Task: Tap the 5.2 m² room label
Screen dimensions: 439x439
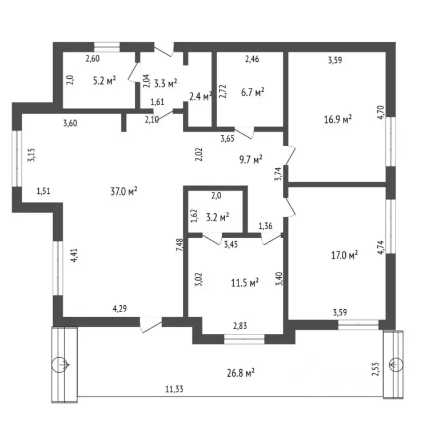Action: [x=105, y=81]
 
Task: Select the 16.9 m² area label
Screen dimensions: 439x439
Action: [x=337, y=119]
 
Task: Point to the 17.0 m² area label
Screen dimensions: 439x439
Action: [x=345, y=255]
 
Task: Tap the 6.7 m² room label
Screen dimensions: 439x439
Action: [x=252, y=91]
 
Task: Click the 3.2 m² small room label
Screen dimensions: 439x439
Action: [x=218, y=216]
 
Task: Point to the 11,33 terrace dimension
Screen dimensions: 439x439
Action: [x=175, y=389]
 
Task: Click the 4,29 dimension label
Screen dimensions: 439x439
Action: [x=119, y=309]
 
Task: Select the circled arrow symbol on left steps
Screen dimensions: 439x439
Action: [x=62, y=364]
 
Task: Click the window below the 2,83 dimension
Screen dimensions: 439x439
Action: [x=244, y=340]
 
